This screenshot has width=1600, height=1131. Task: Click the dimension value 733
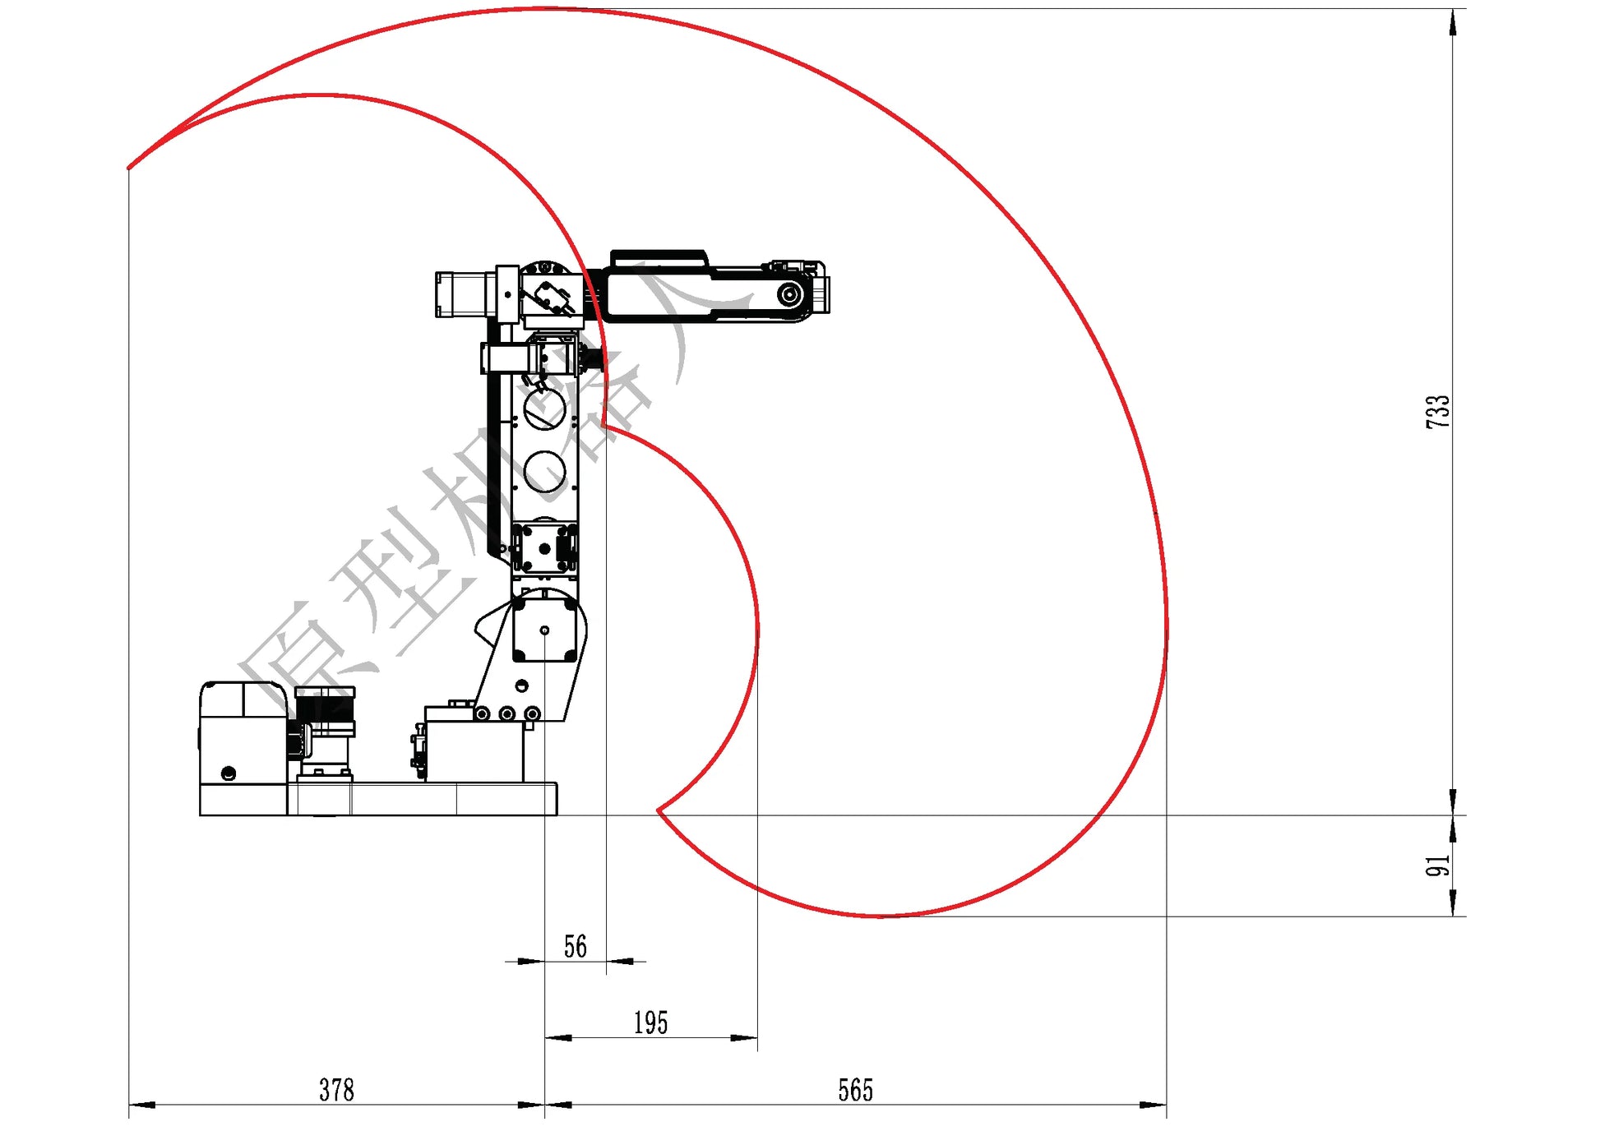click(1438, 411)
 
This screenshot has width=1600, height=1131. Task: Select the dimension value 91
click(1438, 866)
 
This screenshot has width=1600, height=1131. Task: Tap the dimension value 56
click(576, 947)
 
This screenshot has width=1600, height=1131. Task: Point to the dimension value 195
click(650, 1023)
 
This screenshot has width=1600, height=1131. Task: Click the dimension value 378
click(336, 1091)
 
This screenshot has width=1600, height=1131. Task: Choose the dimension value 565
click(855, 1091)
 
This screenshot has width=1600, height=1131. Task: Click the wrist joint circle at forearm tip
click(790, 294)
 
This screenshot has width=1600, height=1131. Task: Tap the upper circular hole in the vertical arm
click(544, 409)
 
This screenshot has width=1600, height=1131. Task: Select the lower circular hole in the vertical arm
click(544, 472)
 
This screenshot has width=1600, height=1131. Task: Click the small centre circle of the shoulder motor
click(544, 630)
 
